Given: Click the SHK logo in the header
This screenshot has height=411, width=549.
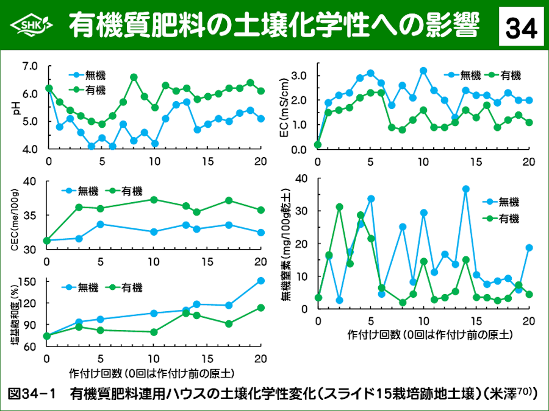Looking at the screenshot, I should [30, 25].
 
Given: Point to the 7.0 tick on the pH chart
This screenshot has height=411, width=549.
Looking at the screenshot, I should [30, 66].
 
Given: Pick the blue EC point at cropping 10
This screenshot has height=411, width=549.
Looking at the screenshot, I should [423, 71].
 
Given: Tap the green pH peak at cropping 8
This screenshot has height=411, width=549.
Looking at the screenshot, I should [134, 77].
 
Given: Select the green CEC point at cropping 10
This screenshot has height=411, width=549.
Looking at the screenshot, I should [154, 200].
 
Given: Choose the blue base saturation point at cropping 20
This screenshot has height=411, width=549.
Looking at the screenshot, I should [261, 281].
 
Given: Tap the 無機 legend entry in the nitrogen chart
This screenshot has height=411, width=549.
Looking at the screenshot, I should [508, 202].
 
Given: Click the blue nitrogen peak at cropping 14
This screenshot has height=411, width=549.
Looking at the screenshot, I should [465, 189].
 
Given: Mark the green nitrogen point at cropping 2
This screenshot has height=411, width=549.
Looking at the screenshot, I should [339, 207].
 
